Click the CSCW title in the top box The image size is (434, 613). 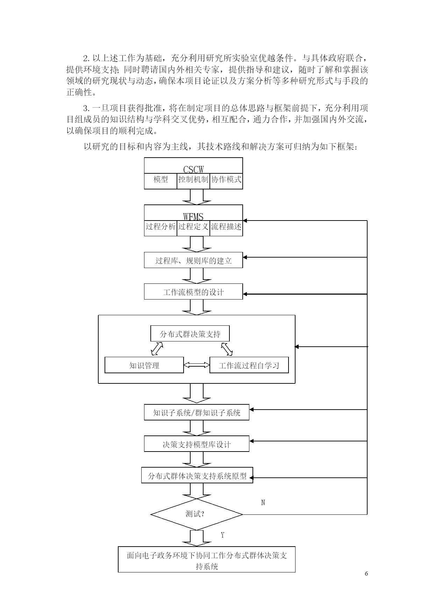[x=193, y=170]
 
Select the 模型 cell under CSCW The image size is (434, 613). [x=161, y=181]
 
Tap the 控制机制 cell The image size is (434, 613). [x=193, y=181]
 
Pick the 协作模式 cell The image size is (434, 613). [x=226, y=181]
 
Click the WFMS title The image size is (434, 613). [x=193, y=217]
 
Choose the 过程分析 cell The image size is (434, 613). [x=161, y=228]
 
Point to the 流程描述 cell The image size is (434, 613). [x=226, y=228]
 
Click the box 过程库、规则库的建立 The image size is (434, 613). [x=193, y=260]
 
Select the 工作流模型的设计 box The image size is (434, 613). [x=193, y=292]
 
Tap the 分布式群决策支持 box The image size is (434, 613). [x=190, y=334]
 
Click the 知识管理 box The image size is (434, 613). [x=144, y=365]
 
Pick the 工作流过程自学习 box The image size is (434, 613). [x=249, y=365]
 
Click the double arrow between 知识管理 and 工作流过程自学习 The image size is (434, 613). [x=197, y=365]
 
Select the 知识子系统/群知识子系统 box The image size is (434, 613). [x=197, y=412]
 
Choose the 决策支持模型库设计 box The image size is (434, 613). [x=197, y=444]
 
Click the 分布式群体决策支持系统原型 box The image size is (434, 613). [x=197, y=476]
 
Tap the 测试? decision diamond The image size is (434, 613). [x=197, y=514]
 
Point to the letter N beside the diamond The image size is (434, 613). [x=263, y=503]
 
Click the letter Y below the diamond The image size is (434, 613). [x=222, y=535]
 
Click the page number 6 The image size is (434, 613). [x=366, y=574]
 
